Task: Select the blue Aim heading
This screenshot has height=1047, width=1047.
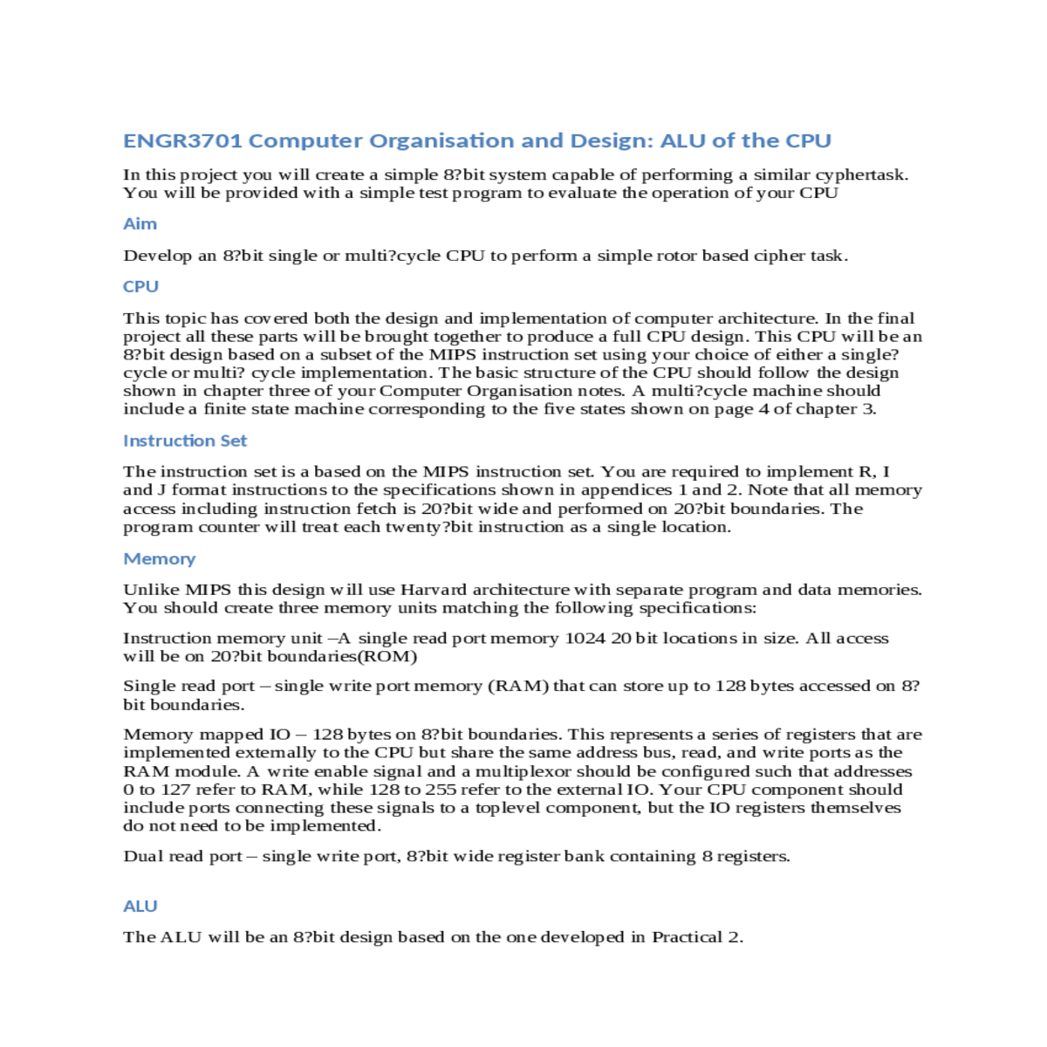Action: coord(140,224)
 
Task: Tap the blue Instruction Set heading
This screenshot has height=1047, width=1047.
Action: coord(185,441)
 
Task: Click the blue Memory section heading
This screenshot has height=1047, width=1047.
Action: coord(159,558)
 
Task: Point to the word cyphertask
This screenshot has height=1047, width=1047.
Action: coord(859,174)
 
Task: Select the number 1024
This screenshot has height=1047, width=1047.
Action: coord(585,638)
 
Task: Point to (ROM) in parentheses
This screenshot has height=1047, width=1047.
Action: coord(391,656)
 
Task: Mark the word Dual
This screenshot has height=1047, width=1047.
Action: coord(142,856)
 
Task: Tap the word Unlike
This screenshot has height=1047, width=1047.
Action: coord(150,590)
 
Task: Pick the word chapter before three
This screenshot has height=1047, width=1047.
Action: coord(233,391)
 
